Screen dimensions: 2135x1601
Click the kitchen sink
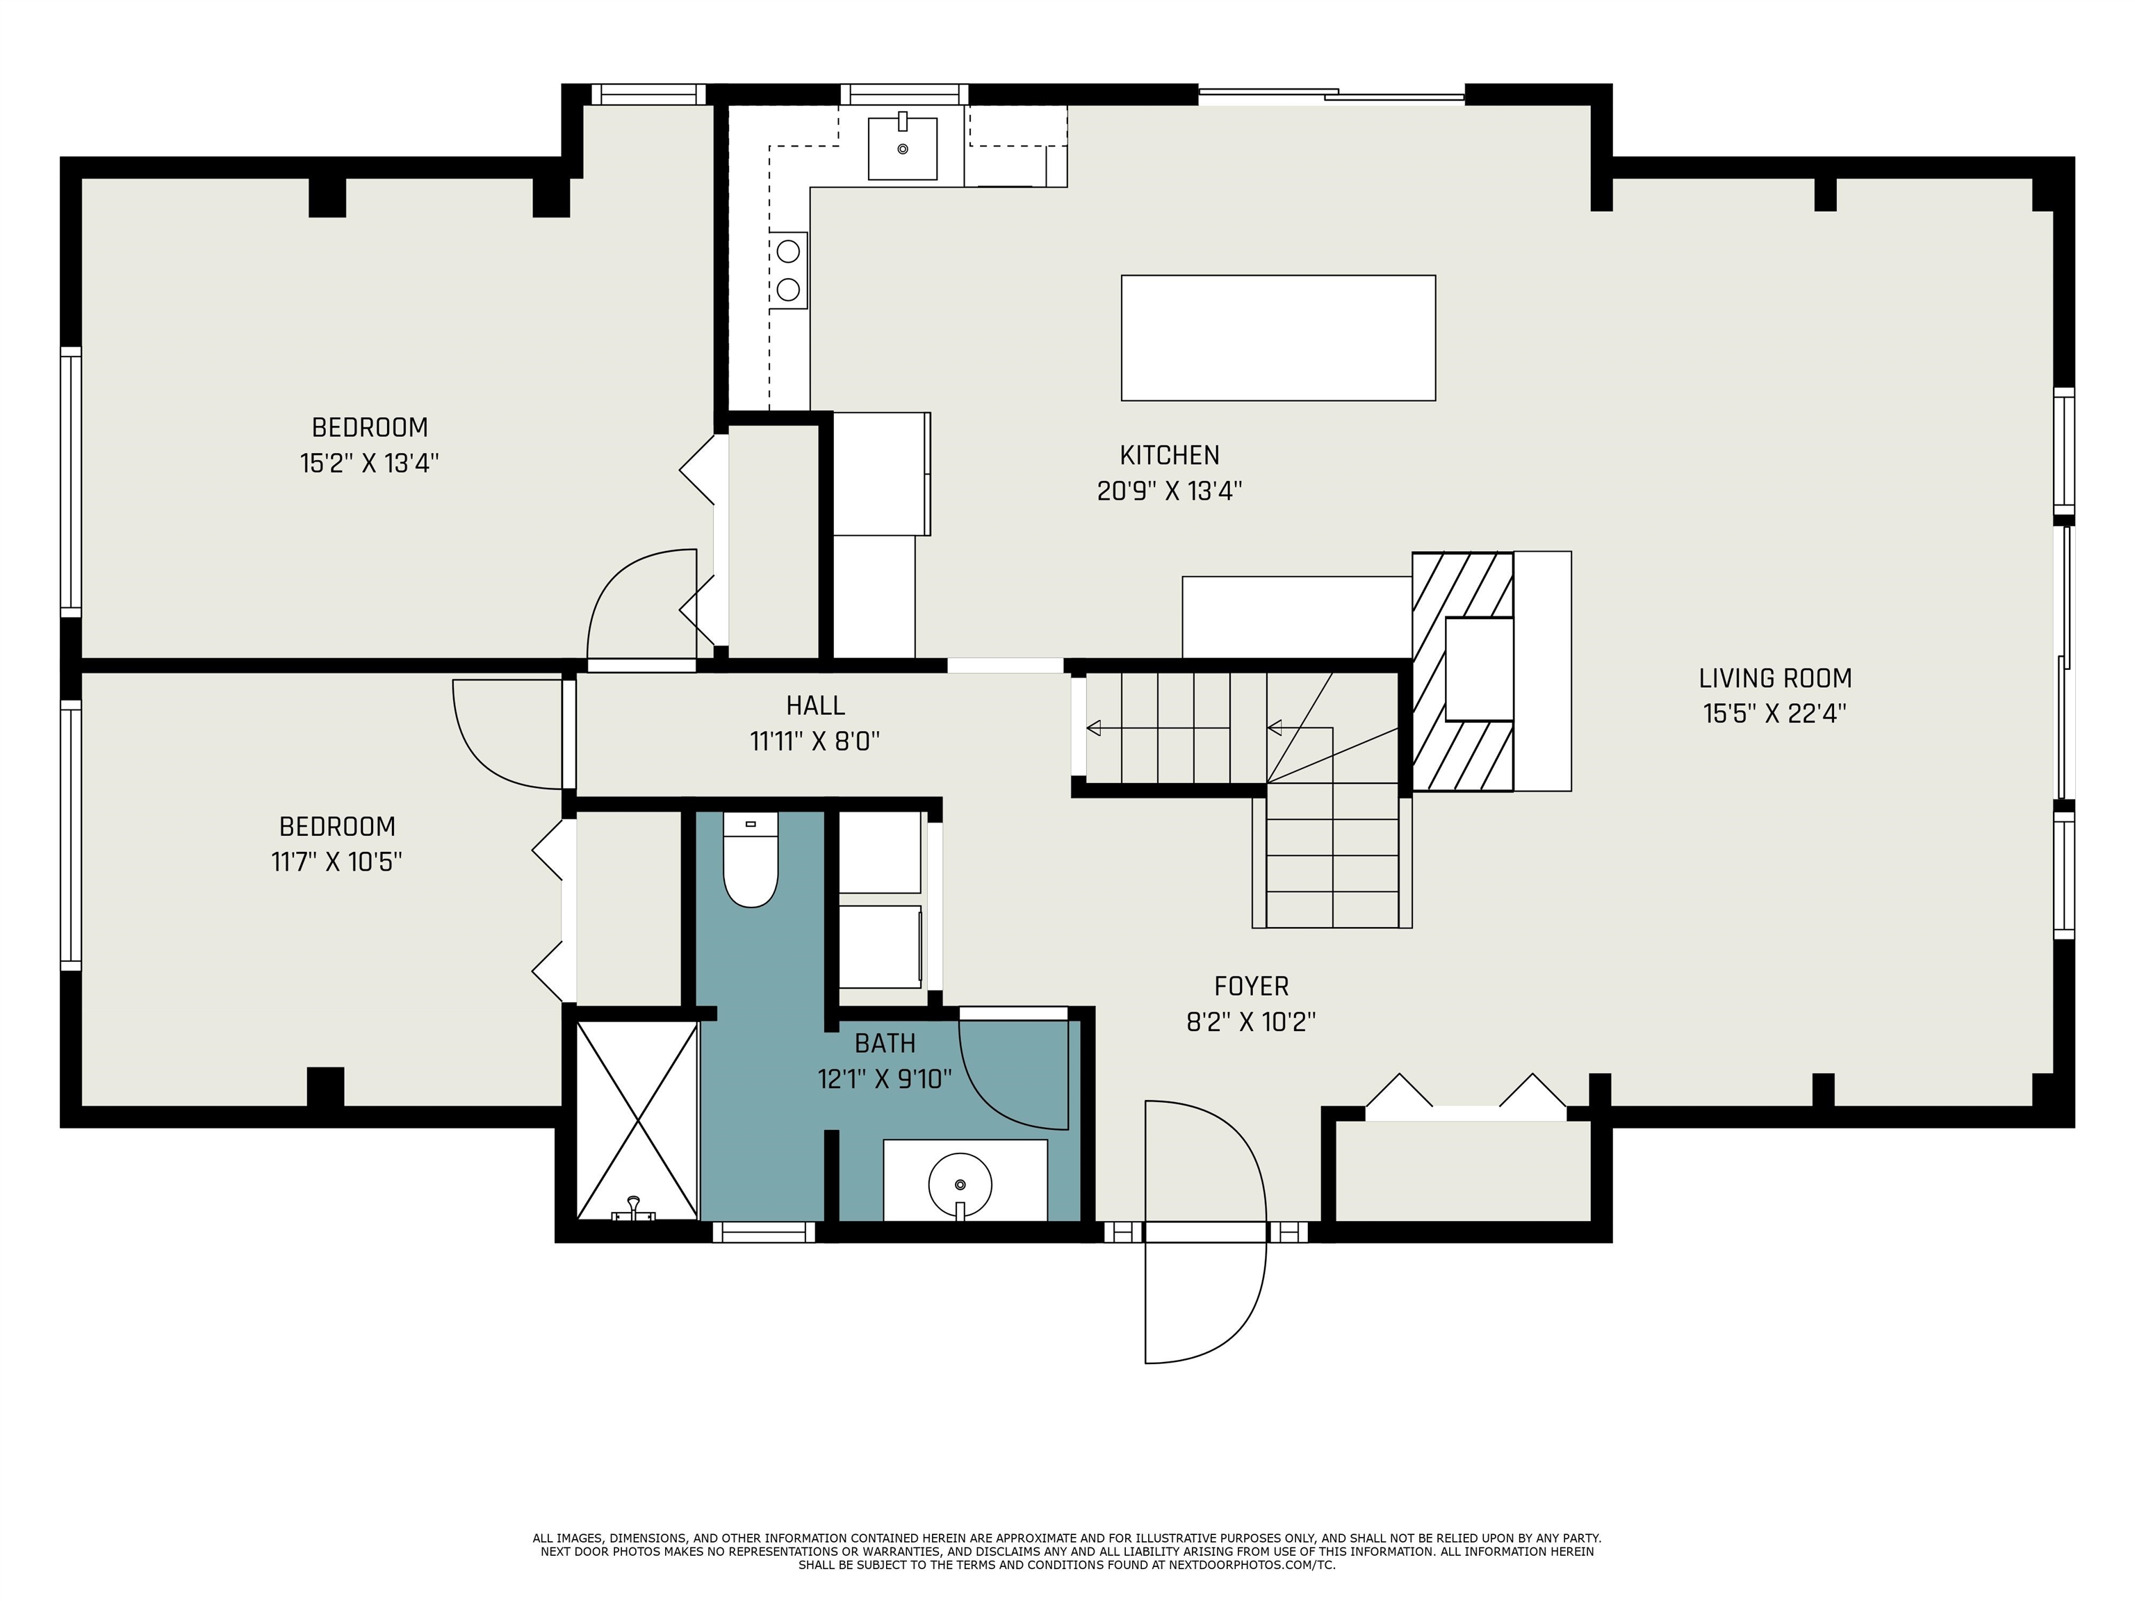(x=903, y=147)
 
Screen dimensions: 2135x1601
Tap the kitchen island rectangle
(x=1278, y=338)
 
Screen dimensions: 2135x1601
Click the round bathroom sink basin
(x=959, y=1184)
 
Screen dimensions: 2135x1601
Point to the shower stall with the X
(x=637, y=1119)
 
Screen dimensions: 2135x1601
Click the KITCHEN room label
(x=1170, y=454)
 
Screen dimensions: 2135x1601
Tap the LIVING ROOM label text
(x=1775, y=678)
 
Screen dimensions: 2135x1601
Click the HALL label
(x=816, y=705)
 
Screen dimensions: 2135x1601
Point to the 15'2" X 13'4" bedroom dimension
(x=370, y=463)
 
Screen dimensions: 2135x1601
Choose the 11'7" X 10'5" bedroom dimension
(x=337, y=861)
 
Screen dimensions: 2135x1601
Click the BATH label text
(x=885, y=1043)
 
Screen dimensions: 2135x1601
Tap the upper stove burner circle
(x=789, y=251)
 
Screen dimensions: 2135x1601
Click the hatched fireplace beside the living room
(x=1462, y=672)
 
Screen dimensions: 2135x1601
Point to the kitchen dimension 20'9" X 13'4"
(x=1169, y=491)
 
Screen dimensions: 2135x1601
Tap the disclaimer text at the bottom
(x=1067, y=1551)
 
